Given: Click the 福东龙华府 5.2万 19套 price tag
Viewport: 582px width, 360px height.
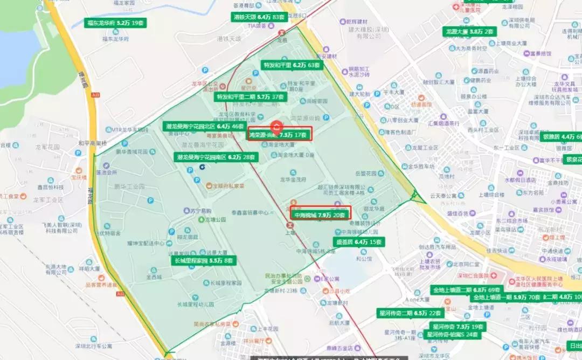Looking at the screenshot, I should (116, 23).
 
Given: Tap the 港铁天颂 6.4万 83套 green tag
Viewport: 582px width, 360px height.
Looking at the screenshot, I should (259, 17).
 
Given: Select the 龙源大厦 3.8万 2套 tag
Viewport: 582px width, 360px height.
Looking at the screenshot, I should (469, 32).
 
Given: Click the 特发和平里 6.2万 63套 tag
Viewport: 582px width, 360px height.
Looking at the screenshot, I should (291, 65).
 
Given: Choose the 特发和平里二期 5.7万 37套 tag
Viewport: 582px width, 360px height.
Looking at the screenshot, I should (250, 97).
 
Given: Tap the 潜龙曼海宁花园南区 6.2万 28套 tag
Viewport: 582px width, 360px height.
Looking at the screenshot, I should (216, 157).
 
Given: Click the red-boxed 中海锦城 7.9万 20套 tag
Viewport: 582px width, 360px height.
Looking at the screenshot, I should (320, 215).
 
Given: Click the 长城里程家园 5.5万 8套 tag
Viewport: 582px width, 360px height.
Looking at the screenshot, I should (204, 260).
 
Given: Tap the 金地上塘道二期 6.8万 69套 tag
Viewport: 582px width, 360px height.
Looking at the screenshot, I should (467, 290).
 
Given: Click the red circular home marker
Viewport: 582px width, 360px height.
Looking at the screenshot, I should (276, 127).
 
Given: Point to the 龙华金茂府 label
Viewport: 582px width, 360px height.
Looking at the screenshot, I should (293, 179).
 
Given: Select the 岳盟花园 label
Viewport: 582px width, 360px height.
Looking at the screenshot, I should (369, 174).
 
